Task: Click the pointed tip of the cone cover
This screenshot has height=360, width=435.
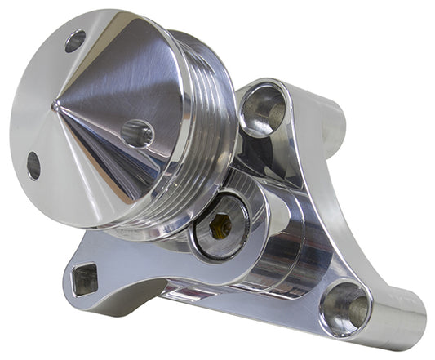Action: (x=55, y=104)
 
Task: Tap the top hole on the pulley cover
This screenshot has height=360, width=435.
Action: (x=75, y=41)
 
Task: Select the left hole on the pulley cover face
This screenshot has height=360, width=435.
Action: (x=33, y=165)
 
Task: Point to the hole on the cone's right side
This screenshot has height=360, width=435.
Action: (x=136, y=132)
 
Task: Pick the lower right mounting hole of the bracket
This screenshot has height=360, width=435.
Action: (x=345, y=308)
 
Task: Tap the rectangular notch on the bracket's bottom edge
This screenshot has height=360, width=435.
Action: (x=184, y=291)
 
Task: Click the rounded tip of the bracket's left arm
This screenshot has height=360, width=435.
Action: (x=69, y=282)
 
